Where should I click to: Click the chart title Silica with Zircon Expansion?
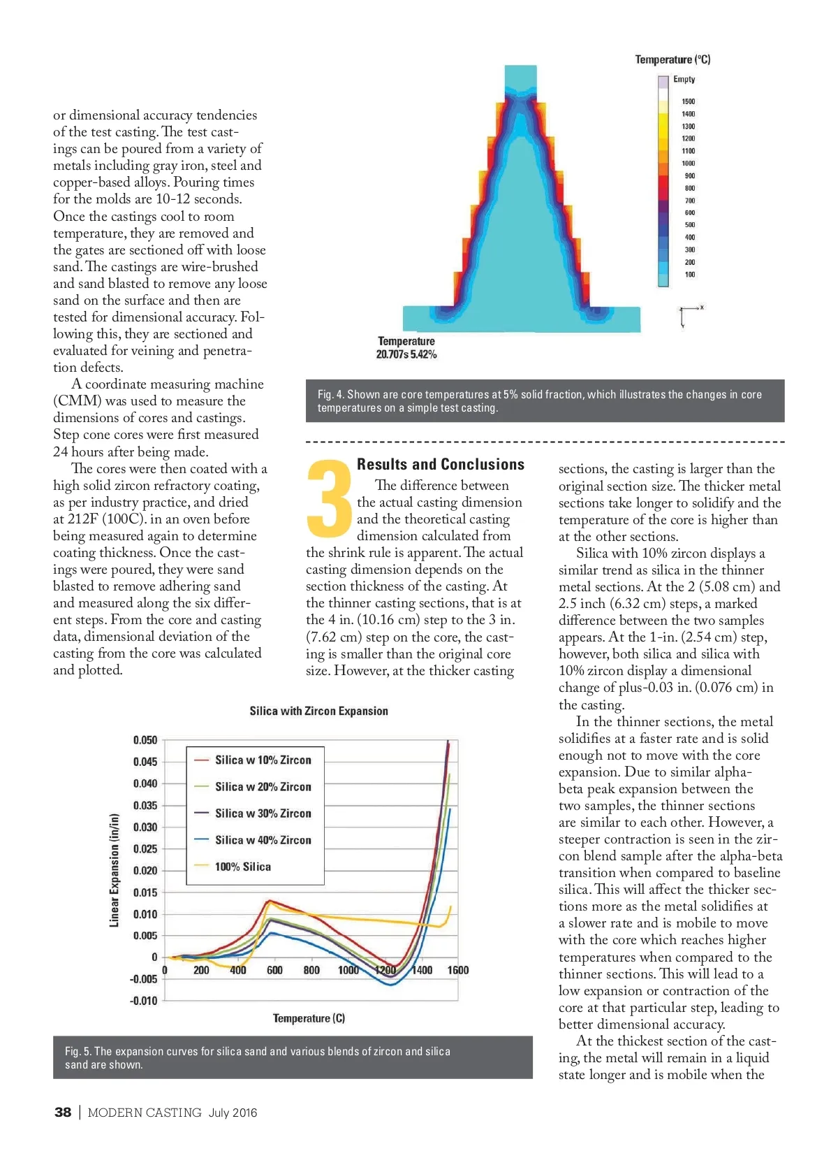(x=318, y=711)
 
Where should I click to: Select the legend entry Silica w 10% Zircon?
(x=263, y=760)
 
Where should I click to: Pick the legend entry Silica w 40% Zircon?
(x=263, y=840)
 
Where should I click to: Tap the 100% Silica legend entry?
(x=242, y=867)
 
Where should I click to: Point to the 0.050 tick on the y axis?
(x=145, y=740)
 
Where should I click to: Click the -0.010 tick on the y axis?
(x=144, y=1001)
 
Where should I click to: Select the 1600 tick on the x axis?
(x=458, y=970)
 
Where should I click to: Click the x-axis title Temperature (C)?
(x=309, y=1018)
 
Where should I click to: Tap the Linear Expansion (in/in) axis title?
(x=115, y=870)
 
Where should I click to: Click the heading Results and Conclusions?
(x=440, y=464)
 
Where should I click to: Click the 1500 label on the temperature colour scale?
(x=688, y=101)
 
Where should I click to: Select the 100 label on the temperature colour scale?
(x=689, y=275)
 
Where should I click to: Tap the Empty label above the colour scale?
(x=684, y=79)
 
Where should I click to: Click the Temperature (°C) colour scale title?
(x=672, y=59)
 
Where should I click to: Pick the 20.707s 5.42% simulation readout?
(x=406, y=354)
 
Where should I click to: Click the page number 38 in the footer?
(x=63, y=1112)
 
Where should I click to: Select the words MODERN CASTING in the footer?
(x=145, y=1113)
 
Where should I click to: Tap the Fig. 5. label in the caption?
(x=78, y=1051)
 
